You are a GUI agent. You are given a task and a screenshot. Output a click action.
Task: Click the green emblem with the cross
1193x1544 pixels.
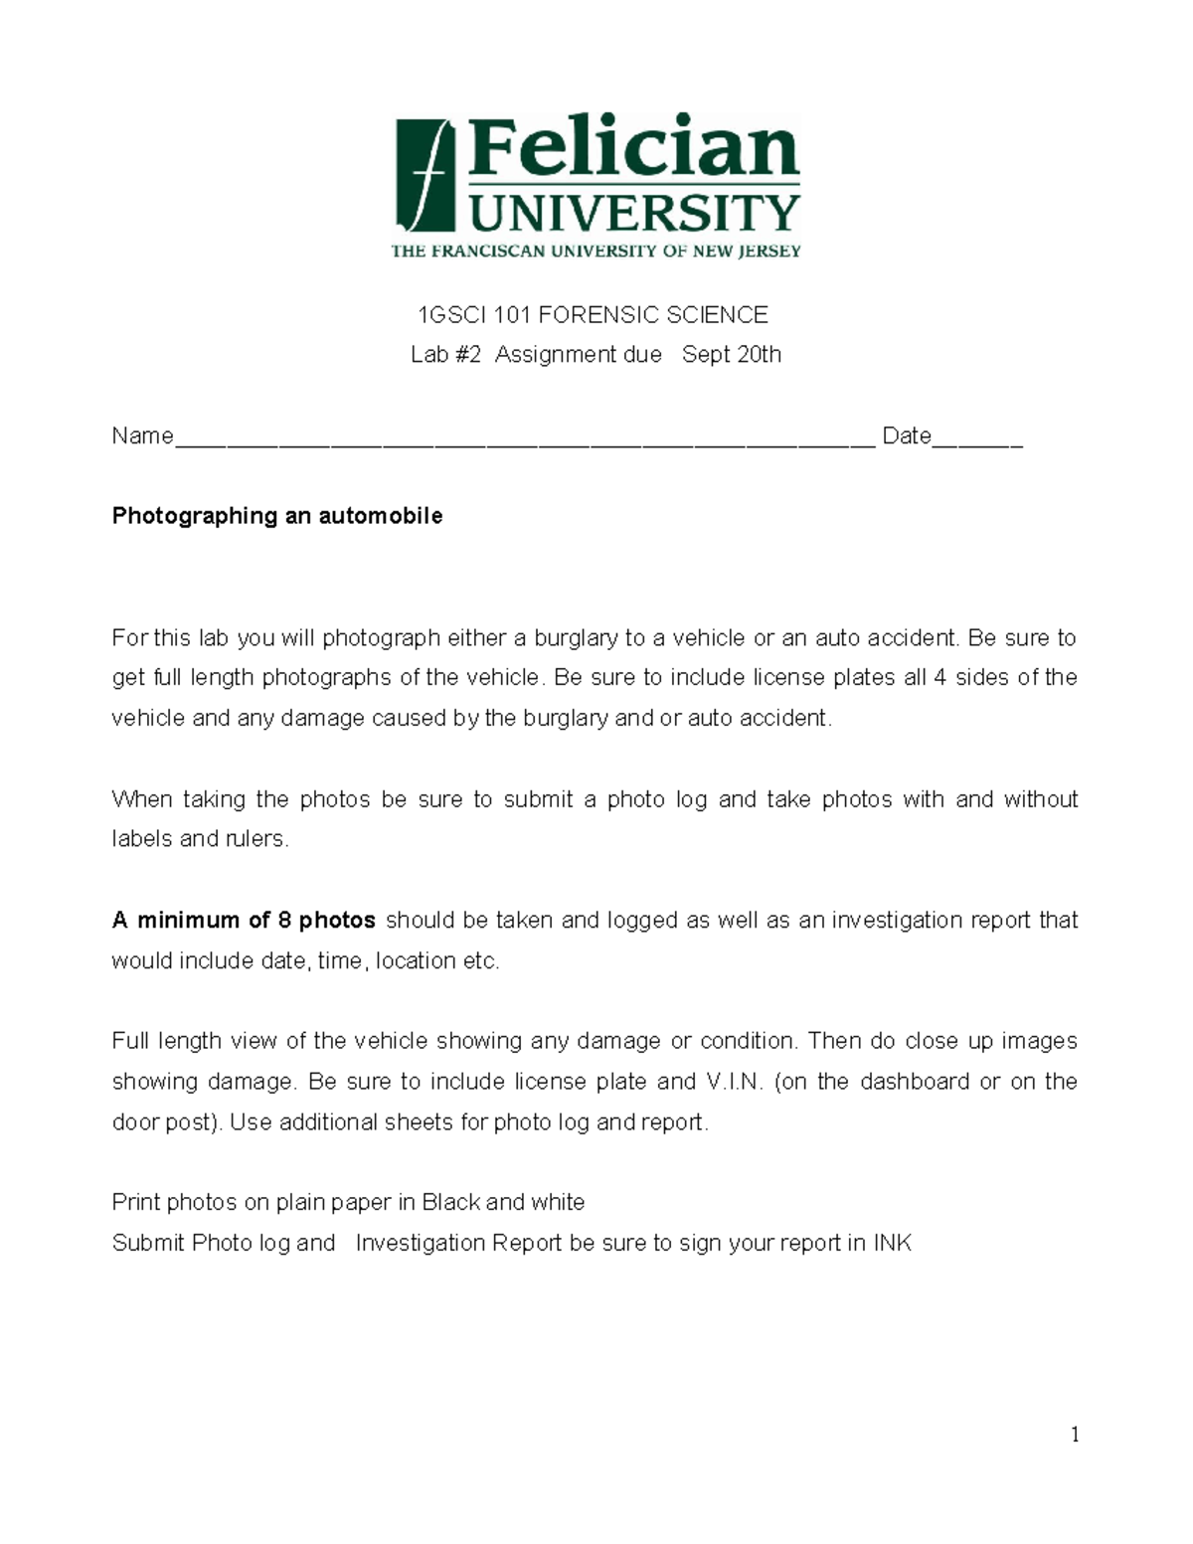(425, 176)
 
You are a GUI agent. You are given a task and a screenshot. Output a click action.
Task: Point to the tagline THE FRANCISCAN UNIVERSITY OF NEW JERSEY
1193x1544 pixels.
(596, 252)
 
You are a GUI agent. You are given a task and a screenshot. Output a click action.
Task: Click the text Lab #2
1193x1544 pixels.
(445, 355)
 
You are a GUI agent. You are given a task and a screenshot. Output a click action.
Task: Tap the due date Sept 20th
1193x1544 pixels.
(732, 355)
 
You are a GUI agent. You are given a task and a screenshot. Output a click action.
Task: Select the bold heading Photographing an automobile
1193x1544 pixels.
(276, 516)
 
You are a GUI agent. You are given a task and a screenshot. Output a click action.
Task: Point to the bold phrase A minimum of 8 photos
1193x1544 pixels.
(244, 921)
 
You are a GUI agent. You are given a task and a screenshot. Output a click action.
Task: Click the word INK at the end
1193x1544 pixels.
(892, 1244)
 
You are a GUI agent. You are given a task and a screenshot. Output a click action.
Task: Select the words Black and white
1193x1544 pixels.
(503, 1203)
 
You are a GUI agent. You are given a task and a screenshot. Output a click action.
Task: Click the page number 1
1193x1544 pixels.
(1075, 1435)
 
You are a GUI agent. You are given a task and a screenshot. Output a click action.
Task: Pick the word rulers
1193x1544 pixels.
(256, 839)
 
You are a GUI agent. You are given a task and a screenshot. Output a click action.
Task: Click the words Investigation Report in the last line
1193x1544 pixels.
(458, 1244)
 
